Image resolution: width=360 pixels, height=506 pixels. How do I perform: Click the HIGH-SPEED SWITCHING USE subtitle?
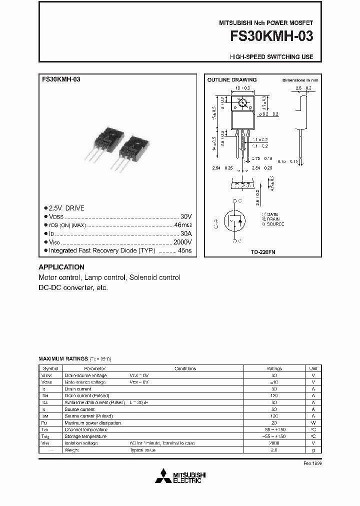click(271, 57)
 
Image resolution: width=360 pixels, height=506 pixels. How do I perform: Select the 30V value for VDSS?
click(186, 216)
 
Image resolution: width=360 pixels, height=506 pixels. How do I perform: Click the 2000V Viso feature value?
click(182, 241)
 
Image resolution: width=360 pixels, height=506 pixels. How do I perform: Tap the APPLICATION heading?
click(61, 267)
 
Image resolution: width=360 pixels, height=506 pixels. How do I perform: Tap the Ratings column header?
click(273, 368)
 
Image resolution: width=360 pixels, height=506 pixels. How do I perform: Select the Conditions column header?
click(185, 368)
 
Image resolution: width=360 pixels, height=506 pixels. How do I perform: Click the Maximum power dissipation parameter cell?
click(92, 423)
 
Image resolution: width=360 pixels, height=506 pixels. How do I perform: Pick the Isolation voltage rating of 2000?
click(273, 443)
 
